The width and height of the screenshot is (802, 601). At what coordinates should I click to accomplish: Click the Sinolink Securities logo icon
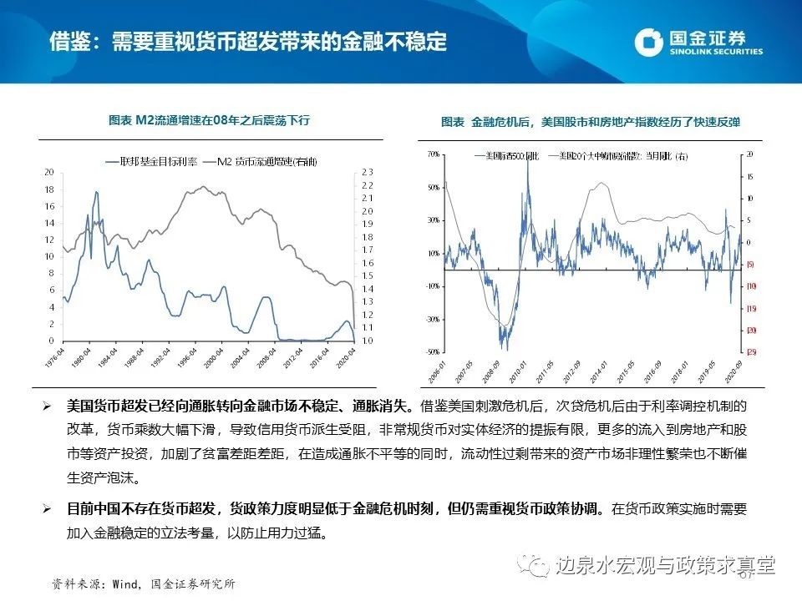(x=650, y=42)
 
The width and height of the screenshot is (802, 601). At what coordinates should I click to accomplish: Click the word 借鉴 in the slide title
(x=69, y=41)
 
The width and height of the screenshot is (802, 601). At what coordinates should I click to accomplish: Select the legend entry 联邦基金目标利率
(x=149, y=160)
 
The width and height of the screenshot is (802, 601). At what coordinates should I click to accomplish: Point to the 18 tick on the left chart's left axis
(x=48, y=189)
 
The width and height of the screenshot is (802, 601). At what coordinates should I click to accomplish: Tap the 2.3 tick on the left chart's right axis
(x=366, y=172)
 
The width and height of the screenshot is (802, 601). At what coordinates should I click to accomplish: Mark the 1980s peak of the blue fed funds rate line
(x=96, y=193)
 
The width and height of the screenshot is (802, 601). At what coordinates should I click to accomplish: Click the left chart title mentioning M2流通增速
(x=210, y=120)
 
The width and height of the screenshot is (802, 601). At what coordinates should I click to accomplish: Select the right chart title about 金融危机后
(x=591, y=122)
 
